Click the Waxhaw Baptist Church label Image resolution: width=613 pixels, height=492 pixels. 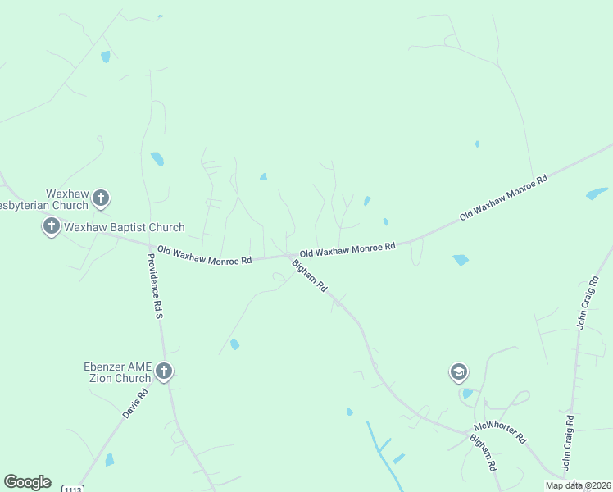pos(125,227)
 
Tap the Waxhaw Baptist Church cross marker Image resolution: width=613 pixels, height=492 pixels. pos(51,225)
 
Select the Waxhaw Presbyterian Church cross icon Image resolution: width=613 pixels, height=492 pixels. pos(101,198)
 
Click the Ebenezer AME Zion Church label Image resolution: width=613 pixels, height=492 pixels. pos(118,372)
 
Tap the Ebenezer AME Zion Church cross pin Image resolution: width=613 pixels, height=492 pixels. pos(164,371)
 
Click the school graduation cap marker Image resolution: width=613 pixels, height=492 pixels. pos(459,373)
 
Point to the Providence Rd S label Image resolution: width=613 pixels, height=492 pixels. pos(156,285)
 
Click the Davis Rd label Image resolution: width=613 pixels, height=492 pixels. pos(136,403)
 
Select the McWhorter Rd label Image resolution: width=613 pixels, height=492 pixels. pos(499,433)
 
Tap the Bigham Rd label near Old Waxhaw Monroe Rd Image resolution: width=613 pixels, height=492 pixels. pos(311,276)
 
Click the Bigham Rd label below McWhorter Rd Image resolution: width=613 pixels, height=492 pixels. pos(484,453)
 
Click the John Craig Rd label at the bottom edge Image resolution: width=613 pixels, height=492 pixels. pos(568,443)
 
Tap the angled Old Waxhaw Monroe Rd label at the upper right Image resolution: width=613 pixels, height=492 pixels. pos(503,197)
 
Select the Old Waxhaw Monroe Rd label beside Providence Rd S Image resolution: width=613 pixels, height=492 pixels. pos(204,254)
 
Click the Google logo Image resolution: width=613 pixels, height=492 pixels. pos(27,482)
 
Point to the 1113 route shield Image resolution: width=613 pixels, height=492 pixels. pos(71,488)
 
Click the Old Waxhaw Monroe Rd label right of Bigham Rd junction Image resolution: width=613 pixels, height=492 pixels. pos(347,248)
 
